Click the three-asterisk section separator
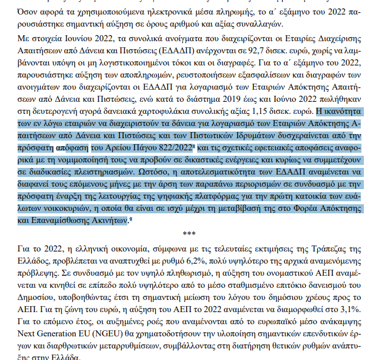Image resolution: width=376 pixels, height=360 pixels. pyautogui.click(x=188, y=233)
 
